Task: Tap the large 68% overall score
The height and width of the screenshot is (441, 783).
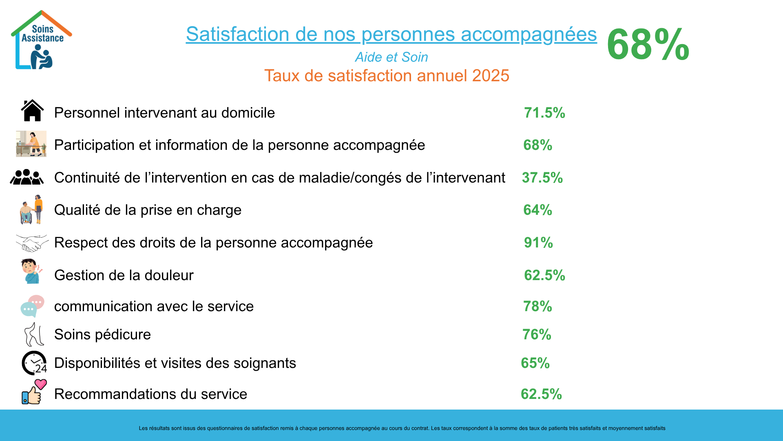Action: coord(648,45)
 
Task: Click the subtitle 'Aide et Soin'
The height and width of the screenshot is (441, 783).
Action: coord(391,57)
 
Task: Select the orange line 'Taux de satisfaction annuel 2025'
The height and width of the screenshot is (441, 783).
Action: coord(387,76)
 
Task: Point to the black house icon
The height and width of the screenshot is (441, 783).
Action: coord(32,111)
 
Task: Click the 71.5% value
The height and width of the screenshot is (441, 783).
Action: coord(544,113)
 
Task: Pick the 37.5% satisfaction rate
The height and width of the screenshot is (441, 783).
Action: coord(542,178)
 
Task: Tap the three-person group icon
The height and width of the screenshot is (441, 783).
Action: coord(27,177)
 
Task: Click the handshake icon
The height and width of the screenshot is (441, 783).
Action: coord(32,243)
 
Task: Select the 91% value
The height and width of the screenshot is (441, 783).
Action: coord(538,243)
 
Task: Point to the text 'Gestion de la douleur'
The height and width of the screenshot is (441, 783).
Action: coord(124,275)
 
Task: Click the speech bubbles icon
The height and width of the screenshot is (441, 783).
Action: coord(32,306)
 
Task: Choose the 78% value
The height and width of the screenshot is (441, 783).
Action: coord(537,306)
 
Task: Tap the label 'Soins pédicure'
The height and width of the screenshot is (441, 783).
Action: coord(102,334)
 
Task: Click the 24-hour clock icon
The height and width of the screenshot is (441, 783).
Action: coord(34,363)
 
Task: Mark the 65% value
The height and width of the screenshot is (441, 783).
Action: coord(535,363)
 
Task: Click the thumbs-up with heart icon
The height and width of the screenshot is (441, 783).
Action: coord(34,392)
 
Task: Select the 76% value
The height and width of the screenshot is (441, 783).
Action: coord(537,334)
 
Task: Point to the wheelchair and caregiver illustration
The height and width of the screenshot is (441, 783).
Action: coord(31,209)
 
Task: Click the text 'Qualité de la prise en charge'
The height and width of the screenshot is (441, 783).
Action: coord(148,210)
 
